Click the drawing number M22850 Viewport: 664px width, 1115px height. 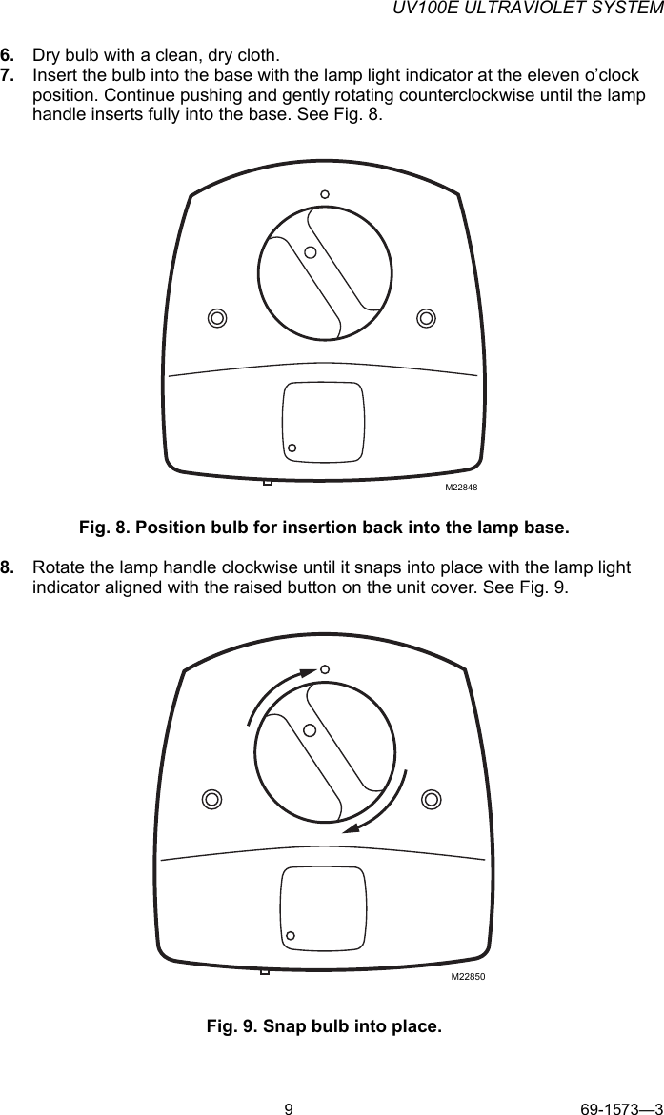[x=468, y=977]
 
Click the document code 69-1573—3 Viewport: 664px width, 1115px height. [x=621, y=1107]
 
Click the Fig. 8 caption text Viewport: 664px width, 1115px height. [x=324, y=527]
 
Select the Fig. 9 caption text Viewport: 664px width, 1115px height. [x=324, y=1026]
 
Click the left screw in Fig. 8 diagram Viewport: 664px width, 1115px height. [x=217, y=317]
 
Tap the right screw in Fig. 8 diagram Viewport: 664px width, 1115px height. [x=427, y=317]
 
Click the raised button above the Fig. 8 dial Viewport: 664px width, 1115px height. [x=325, y=194]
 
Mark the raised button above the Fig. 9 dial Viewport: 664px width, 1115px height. [x=324, y=669]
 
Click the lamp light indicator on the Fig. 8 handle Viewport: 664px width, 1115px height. [x=311, y=252]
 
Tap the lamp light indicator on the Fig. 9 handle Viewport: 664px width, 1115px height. [x=310, y=730]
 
